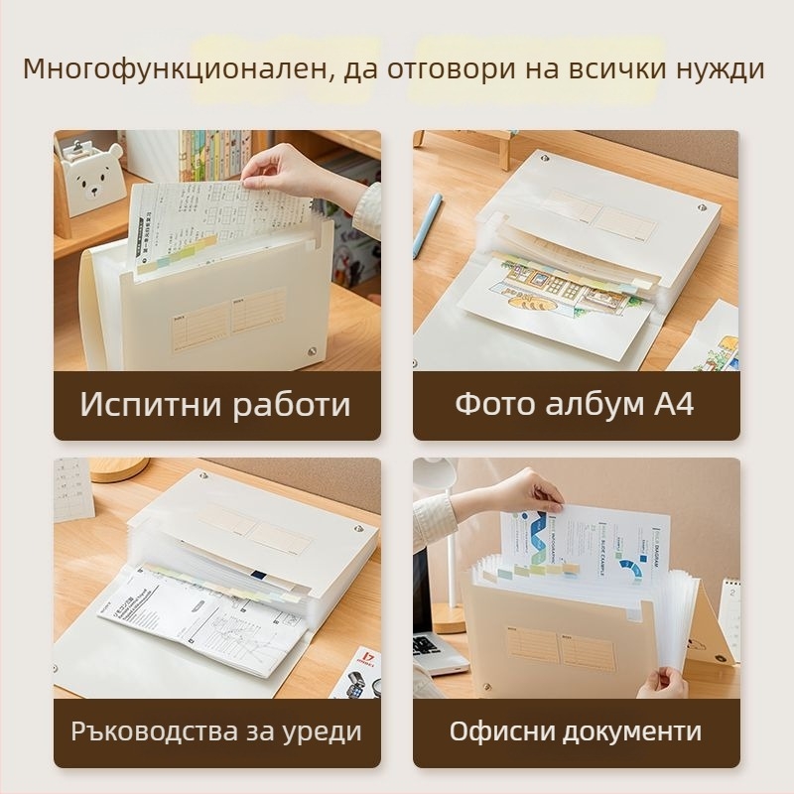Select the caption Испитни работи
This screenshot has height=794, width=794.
click(x=215, y=405)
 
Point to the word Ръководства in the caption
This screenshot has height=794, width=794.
click(x=146, y=732)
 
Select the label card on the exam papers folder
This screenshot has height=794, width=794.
click(x=229, y=319)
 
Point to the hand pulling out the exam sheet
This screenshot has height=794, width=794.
click(x=288, y=171)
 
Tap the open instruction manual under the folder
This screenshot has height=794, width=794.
click(x=198, y=620)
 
